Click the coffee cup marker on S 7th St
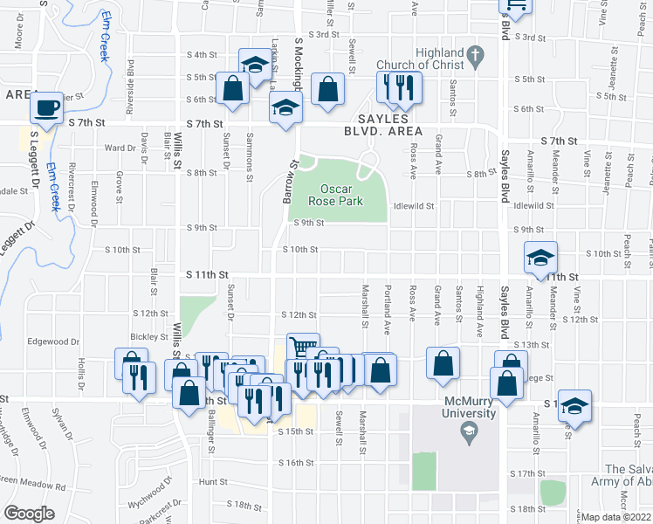pos(46,108)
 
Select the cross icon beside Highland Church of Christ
pos(474,58)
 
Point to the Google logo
pos(29,514)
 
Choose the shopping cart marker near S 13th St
pos(303,348)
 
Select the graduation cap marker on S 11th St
pos(540,258)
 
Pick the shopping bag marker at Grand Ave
pos(443,362)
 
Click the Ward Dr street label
pos(116,148)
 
